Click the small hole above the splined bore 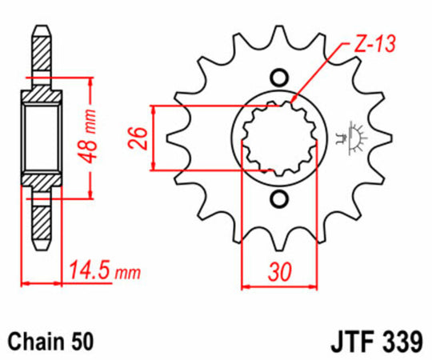[x=279, y=78]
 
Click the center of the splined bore [x=278, y=137]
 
